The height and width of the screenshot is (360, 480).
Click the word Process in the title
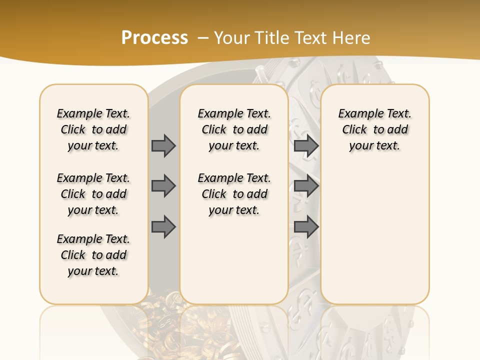pyautogui.click(x=154, y=38)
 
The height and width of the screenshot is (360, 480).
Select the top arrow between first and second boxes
pyautogui.click(x=163, y=145)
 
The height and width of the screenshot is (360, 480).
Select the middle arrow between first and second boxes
pyautogui.click(x=163, y=186)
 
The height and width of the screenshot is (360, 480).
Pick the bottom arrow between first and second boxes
pyautogui.click(x=163, y=226)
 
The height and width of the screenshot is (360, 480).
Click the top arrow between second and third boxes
pyautogui.click(x=306, y=145)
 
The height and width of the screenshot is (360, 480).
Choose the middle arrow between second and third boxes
pyautogui.click(x=306, y=186)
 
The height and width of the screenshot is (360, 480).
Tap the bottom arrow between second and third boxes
pyautogui.click(x=306, y=226)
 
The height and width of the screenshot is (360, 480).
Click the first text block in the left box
pyautogui.click(x=93, y=129)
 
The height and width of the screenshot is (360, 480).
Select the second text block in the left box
pyautogui.click(x=93, y=194)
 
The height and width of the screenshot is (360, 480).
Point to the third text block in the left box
pyautogui.click(x=93, y=255)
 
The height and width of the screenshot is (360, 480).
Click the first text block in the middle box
pyautogui.click(x=234, y=129)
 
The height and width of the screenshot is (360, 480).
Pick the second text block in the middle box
pyautogui.click(x=234, y=194)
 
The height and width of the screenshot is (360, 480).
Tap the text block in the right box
pyautogui.click(x=375, y=129)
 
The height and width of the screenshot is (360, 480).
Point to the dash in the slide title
pyautogui.click(x=203, y=38)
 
